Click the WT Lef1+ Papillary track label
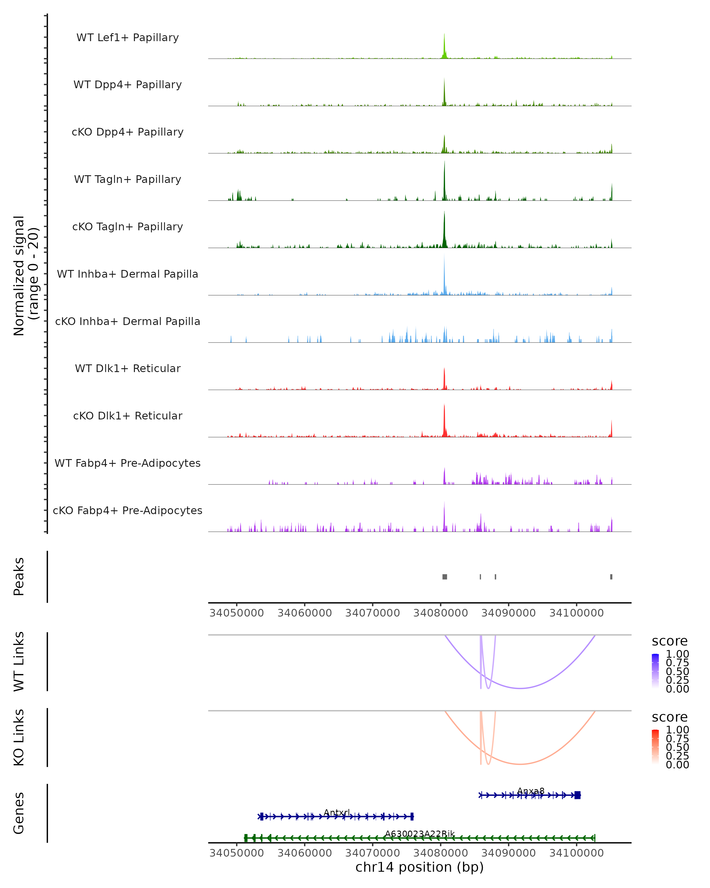[x=128, y=38]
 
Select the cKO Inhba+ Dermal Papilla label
[x=128, y=321]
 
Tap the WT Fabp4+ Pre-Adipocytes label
[x=128, y=463]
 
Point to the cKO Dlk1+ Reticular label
[x=128, y=416]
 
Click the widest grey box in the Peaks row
[x=445, y=577]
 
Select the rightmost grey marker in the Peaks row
[x=611, y=577]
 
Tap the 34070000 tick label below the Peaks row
[x=372, y=613]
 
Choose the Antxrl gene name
[x=337, y=812]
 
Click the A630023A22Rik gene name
[x=420, y=834]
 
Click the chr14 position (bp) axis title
[x=419, y=867]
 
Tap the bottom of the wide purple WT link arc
[x=521, y=688]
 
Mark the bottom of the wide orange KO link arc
[x=521, y=764]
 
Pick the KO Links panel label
[x=19, y=737]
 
